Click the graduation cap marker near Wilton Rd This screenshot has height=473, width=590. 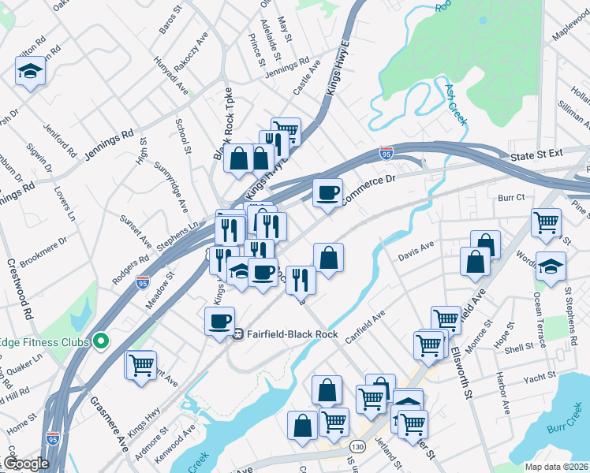click(30, 72)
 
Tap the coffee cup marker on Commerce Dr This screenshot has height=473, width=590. click(328, 192)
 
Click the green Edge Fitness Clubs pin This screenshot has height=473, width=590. click(100, 341)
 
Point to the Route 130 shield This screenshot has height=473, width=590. click(358, 447)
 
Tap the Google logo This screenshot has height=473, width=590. click(26, 464)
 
